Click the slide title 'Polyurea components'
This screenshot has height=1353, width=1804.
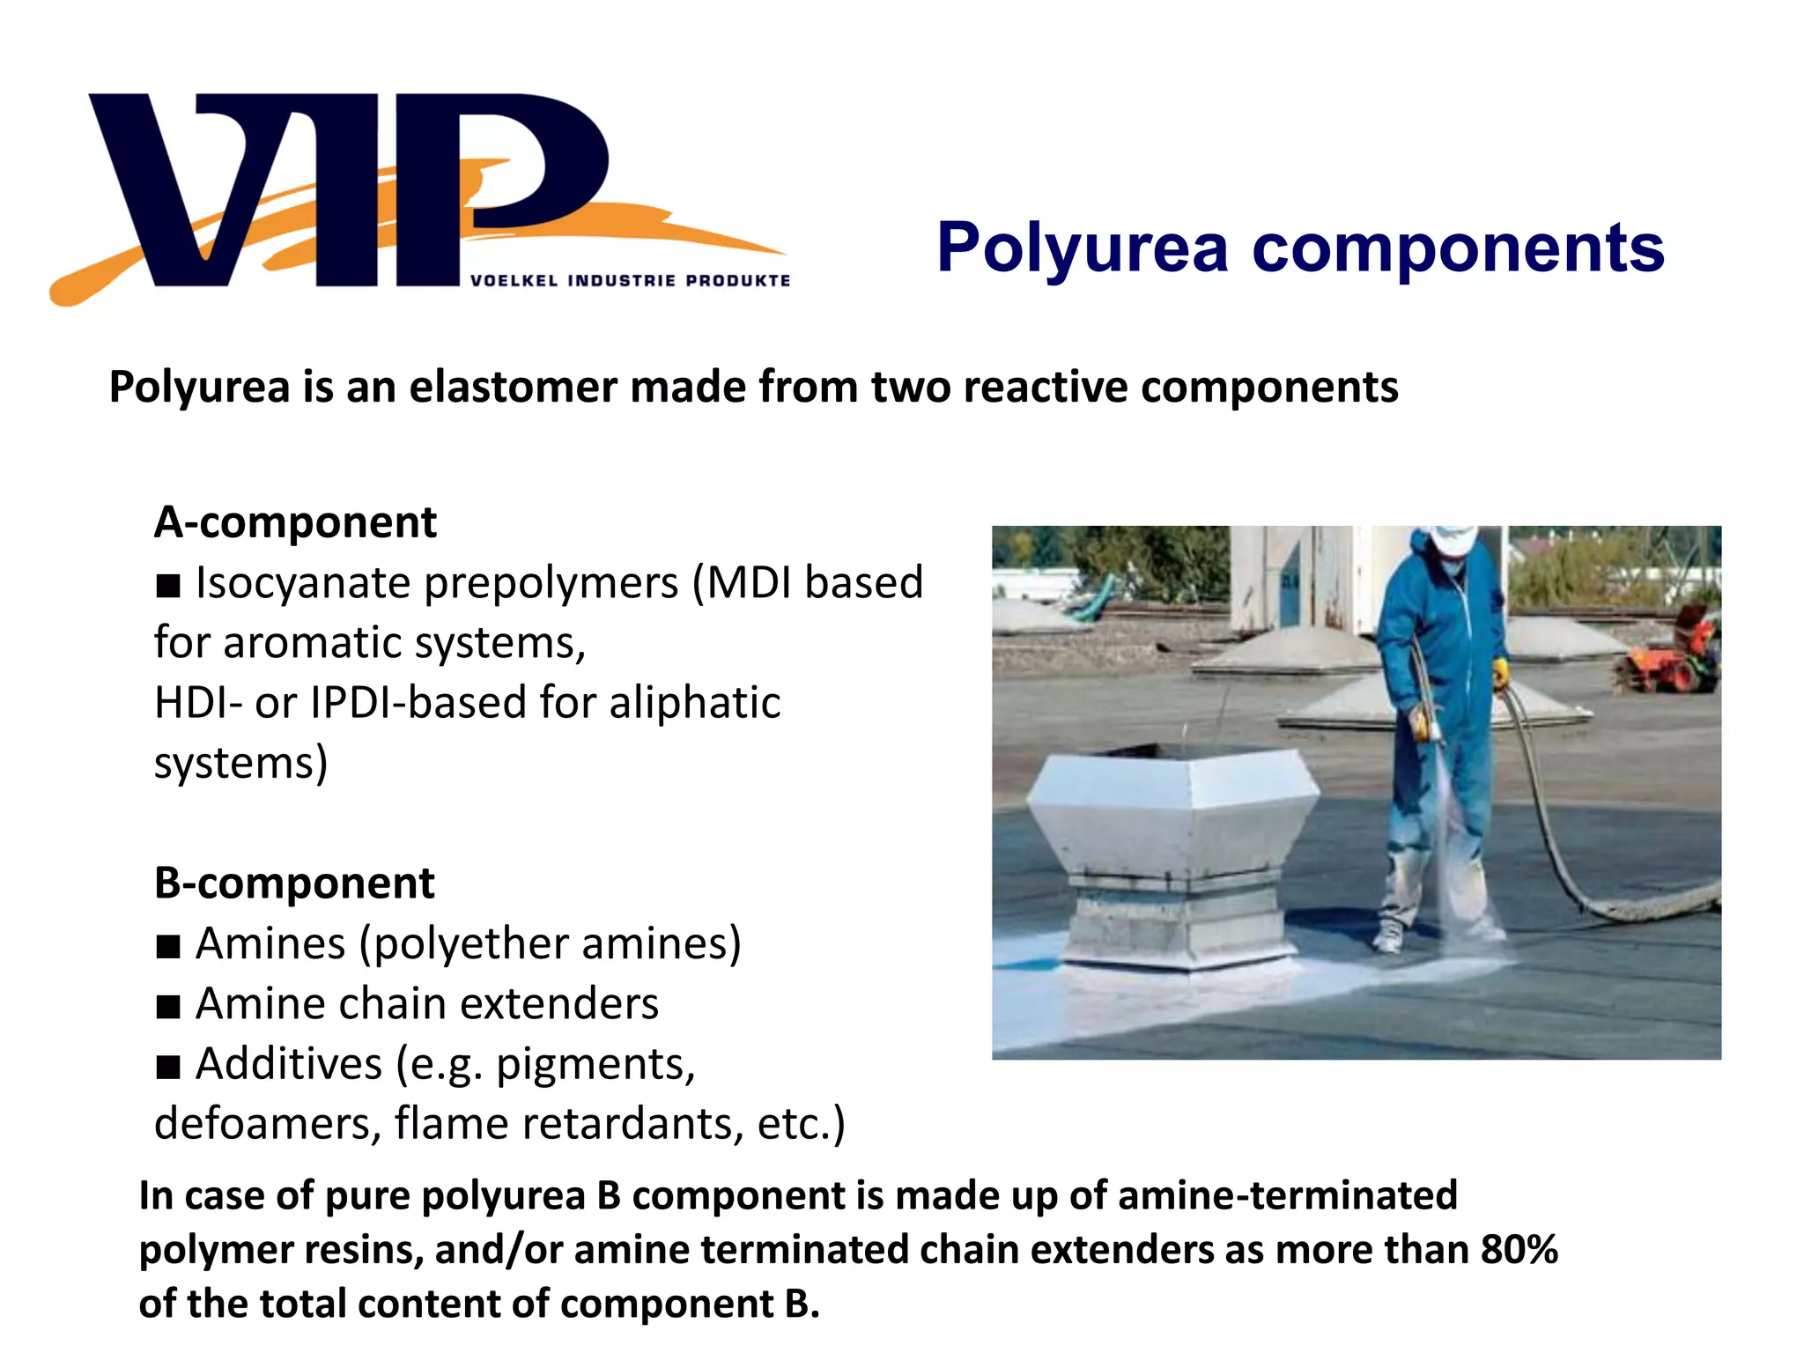pyautogui.click(x=1300, y=248)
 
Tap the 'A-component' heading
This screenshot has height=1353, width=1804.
pyautogui.click(x=295, y=522)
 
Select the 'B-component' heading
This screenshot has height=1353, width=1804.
pyautogui.click(x=294, y=883)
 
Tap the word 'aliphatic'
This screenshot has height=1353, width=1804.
pyautogui.click(x=693, y=703)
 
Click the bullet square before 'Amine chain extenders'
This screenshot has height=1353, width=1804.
pyautogui.click(x=167, y=1006)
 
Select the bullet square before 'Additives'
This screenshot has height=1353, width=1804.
pyautogui.click(x=167, y=1067)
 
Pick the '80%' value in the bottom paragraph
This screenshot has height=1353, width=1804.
pyautogui.click(x=1519, y=1249)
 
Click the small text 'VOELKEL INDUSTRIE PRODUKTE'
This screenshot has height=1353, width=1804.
pyautogui.click(x=630, y=281)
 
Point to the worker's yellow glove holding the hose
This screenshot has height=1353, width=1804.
pyautogui.click(x=1499, y=674)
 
